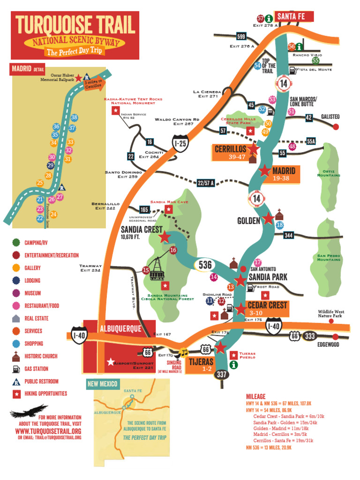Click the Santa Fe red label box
pyautogui.click(x=293, y=16)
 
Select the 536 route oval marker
pyautogui.click(x=205, y=265)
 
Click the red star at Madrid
pyautogui.click(x=265, y=171)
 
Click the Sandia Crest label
pyautogui.click(x=142, y=230)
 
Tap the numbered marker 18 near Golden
pyautogui.click(x=280, y=225)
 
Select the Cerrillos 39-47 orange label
pyautogui.click(x=231, y=152)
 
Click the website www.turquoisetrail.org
pyautogui.click(x=48, y=431)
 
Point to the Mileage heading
pyautogui.click(x=255, y=396)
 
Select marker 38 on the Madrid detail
pyautogui.click(x=74, y=117)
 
